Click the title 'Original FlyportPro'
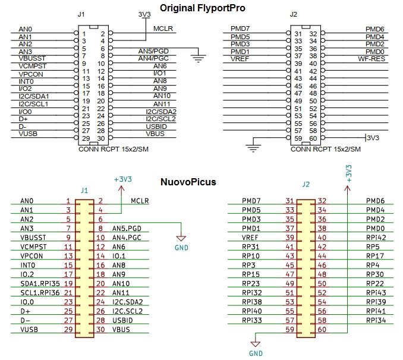pos(202,8)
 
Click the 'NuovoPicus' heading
pos(188,182)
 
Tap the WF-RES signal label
pos(371,59)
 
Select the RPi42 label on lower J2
pos(376,238)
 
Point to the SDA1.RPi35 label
pos(40,283)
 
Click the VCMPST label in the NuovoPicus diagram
pos(33,247)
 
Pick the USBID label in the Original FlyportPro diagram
pos(156,127)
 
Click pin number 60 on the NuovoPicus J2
pos(322,330)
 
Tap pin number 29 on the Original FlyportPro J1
pos(86,138)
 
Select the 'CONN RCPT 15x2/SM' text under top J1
pos(114,149)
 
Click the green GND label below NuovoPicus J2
pos(256,353)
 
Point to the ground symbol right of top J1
pos(198,59)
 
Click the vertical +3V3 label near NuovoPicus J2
pos(349,173)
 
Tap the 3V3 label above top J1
pos(144,14)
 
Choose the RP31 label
pos(251,247)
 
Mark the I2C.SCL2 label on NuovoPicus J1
pos(127,311)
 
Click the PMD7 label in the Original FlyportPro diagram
pos(240,29)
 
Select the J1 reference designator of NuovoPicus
pos(84,191)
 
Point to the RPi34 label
pos(376,320)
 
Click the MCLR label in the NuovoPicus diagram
pos(140,201)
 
